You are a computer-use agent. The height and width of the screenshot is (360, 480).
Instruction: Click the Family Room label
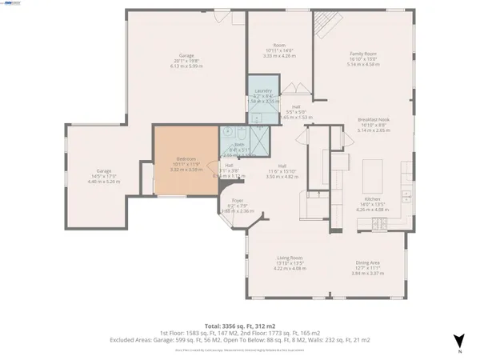(362, 54)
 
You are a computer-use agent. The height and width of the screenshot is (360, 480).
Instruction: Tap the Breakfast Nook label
(372, 119)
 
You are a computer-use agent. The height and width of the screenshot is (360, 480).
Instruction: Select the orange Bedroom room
(186, 160)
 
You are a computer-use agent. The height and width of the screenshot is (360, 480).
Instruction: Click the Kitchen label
(373, 198)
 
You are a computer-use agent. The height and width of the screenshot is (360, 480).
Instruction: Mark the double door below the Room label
(294, 86)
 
